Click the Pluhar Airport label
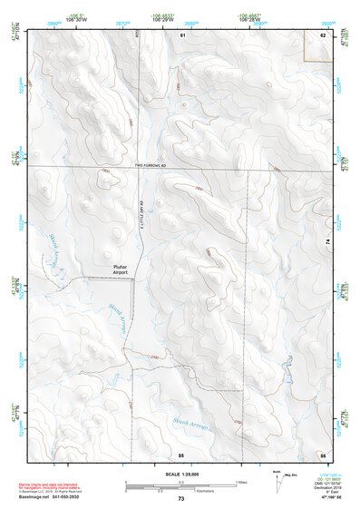(x=123, y=269)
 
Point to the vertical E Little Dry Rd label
(x=142, y=218)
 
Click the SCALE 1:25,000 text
(x=180, y=473)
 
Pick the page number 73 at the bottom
(x=180, y=500)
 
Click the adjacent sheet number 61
(x=182, y=34)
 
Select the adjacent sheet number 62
(x=323, y=34)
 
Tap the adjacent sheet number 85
(x=181, y=453)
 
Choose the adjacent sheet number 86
(x=322, y=453)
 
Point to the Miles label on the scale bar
(x=241, y=481)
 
